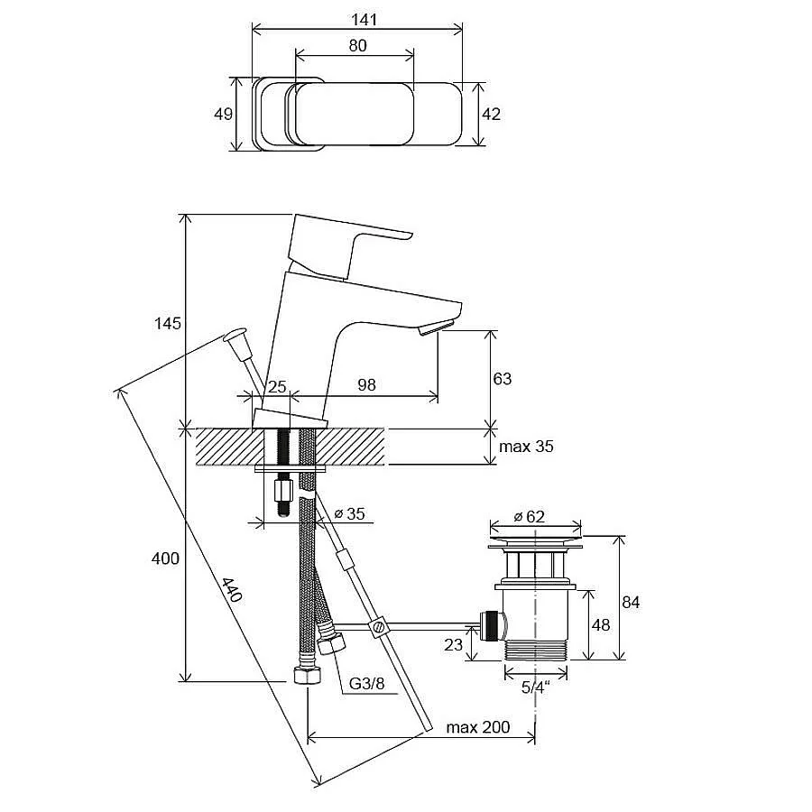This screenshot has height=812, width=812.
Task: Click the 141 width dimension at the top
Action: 364,20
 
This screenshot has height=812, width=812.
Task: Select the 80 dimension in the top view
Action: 357,46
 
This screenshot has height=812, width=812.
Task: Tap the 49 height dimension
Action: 223,114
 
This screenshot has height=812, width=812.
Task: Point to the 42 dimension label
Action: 491,114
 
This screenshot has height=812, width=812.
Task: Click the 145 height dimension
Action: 168,324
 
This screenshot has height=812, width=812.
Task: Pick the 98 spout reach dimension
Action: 366,384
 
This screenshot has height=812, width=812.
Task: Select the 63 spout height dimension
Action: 502,379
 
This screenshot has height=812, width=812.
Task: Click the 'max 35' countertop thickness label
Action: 526,447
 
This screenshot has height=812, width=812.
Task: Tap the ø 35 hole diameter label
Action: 349,513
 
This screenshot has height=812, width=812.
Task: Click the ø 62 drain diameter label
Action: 530,516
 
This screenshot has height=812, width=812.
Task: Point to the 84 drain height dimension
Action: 631,603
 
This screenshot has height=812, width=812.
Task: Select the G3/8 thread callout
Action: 366,684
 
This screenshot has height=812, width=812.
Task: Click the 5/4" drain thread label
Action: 535,687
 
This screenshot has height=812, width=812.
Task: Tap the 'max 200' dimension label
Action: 478,727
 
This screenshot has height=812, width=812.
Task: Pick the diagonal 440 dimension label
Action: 232,590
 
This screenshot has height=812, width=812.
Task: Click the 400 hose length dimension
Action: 165,558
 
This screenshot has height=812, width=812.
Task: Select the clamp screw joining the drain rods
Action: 378,627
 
